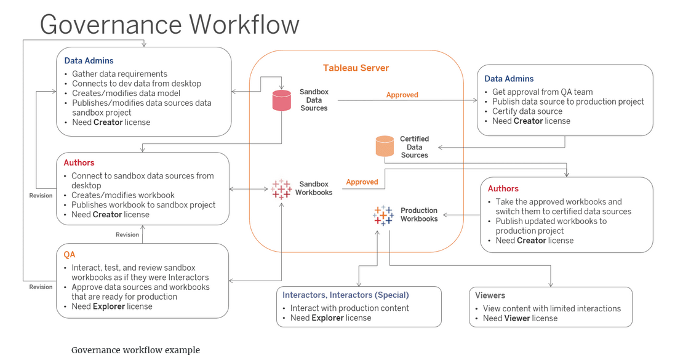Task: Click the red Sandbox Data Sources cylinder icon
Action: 281,100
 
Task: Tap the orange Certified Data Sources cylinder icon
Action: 385,146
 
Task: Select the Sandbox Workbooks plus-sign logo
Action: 281,188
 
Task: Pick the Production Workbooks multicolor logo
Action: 383,215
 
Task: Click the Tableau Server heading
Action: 356,68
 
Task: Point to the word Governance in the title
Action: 110,25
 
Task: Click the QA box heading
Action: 70,254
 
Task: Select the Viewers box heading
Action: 490,295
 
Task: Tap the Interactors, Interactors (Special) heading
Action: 345,295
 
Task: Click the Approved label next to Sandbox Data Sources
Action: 402,95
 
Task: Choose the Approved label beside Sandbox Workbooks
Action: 362,182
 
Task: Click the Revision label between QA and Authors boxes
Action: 127,234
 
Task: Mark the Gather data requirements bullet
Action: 119,74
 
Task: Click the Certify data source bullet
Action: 527,111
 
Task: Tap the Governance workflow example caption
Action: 135,350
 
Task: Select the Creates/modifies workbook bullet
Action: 122,195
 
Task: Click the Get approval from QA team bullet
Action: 542,92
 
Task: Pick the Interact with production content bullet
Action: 349,308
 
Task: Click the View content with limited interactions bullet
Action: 551,308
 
